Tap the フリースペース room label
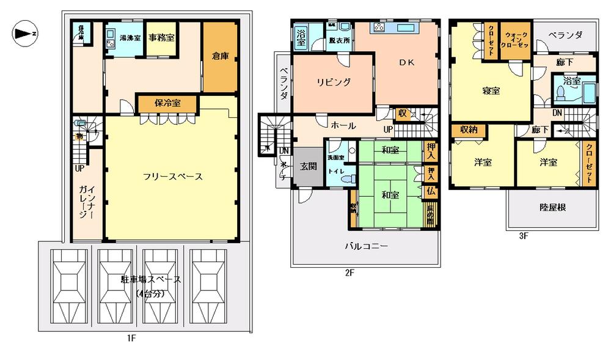(x=172, y=176)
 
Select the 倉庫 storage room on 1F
(x=220, y=56)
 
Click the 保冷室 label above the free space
(x=167, y=103)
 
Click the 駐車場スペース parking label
(x=151, y=280)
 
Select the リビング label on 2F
(x=334, y=83)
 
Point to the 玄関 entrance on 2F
(x=308, y=165)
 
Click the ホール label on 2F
(x=343, y=125)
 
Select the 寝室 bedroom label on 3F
(x=491, y=90)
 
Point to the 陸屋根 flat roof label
(x=553, y=207)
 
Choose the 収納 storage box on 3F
(x=469, y=130)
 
